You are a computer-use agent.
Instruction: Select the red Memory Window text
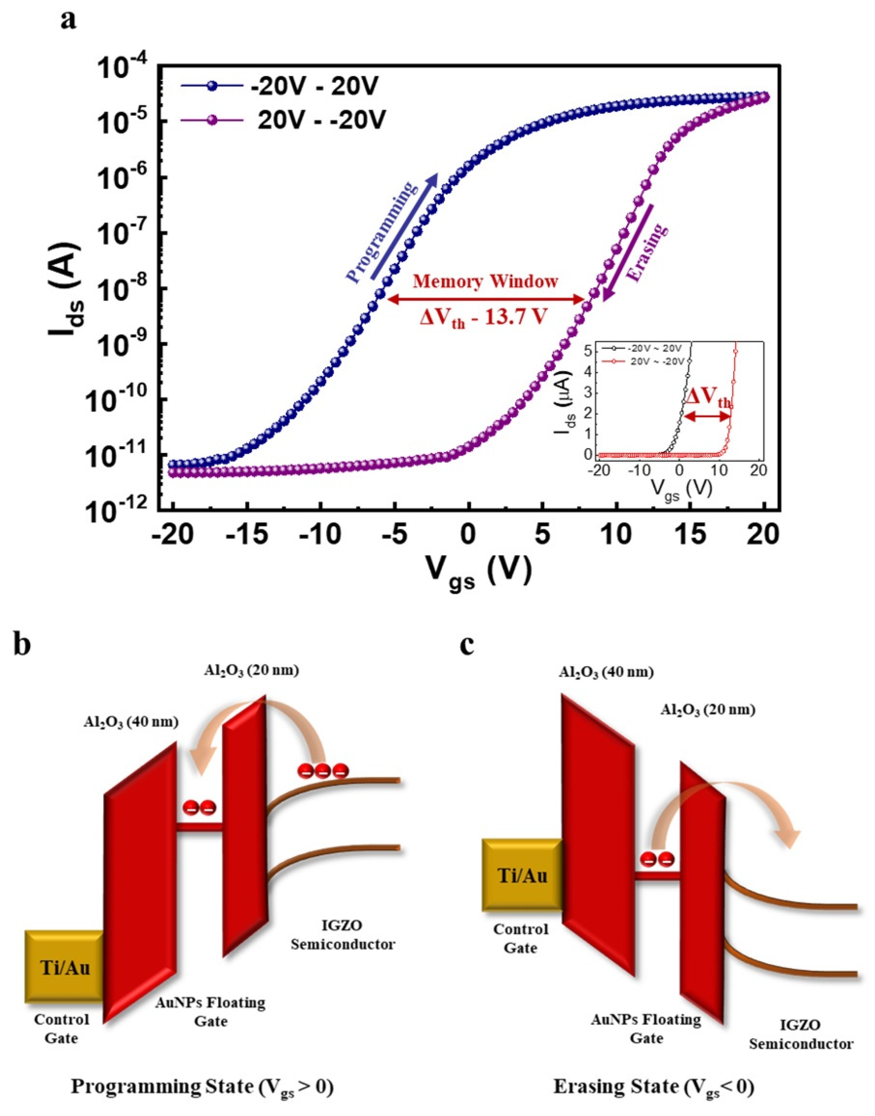coord(485,282)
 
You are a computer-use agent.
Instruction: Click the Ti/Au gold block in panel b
coord(65,967)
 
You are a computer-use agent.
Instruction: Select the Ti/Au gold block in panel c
coord(522,875)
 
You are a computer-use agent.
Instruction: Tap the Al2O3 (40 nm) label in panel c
coord(606,672)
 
